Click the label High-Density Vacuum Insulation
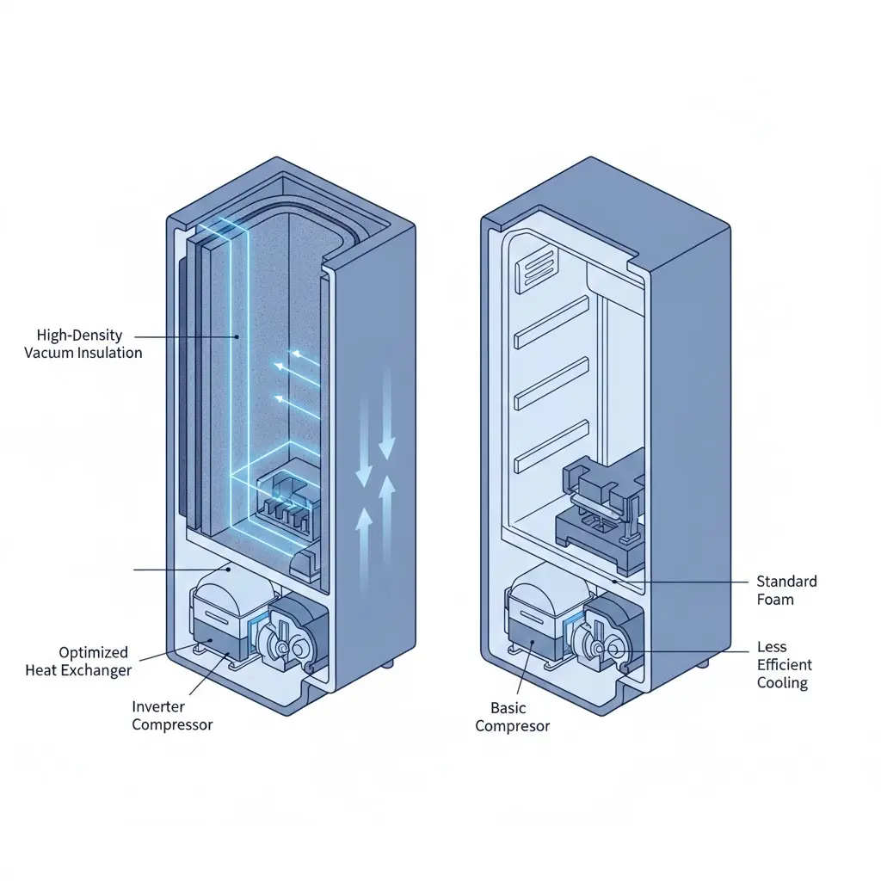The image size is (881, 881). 83,343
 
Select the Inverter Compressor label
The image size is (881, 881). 172,715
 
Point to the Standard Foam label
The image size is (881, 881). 786,590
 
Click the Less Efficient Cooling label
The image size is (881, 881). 783,665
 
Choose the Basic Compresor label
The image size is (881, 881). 513,717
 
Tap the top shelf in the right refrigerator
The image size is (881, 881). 551,323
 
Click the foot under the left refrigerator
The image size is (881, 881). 391,664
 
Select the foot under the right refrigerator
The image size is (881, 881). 705,664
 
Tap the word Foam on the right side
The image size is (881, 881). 775,600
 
